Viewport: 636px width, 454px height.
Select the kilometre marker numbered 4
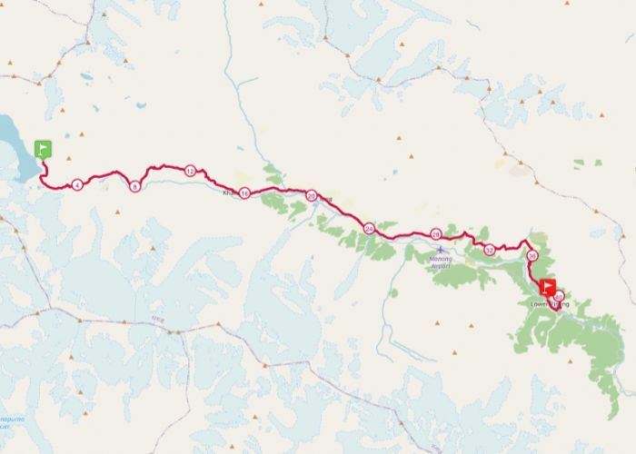(77, 185)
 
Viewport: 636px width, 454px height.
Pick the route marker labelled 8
(135, 186)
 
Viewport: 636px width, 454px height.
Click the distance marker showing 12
(190, 171)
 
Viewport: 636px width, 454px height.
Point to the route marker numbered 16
(244, 194)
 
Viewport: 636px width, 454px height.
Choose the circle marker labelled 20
(312, 195)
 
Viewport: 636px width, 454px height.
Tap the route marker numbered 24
(369, 229)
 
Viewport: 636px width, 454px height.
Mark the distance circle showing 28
(435, 234)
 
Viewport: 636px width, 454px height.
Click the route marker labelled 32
(489, 250)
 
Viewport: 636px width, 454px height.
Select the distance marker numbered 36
(532, 256)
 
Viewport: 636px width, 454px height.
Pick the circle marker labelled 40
(559, 296)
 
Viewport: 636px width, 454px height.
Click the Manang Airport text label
(441, 261)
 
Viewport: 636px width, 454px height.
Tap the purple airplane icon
(441, 249)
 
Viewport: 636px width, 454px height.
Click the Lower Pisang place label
(549, 305)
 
